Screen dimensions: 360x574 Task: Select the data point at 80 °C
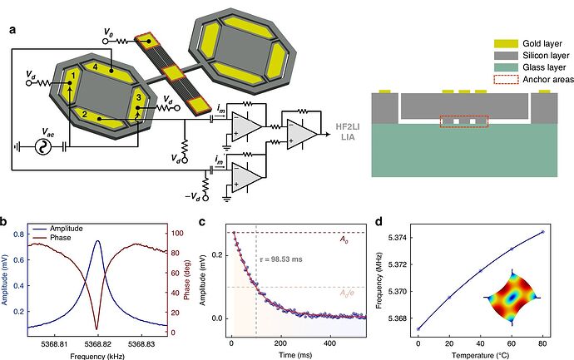coord(542,232)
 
